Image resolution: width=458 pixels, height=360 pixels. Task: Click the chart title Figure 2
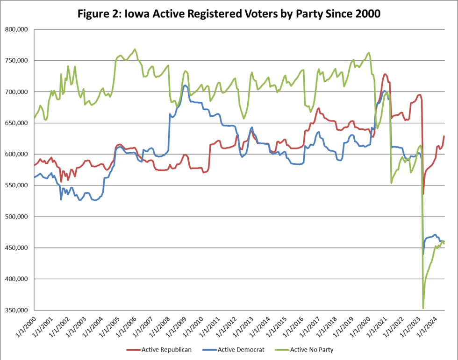point(229,14)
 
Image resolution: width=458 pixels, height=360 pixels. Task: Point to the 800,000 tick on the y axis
point(16,29)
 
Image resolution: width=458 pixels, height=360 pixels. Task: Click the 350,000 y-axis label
point(16,311)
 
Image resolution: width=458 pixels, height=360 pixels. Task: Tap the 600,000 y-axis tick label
point(16,155)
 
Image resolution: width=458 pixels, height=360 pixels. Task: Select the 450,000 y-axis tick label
point(16,248)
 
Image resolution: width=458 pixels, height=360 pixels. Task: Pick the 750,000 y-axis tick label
point(16,61)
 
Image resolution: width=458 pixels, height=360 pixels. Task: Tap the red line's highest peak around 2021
point(385,74)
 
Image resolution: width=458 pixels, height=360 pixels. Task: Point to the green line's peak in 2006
point(135,49)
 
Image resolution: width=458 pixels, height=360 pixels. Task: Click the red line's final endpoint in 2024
point(444,136)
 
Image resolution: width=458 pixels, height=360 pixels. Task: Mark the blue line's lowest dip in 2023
point(423,254)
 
